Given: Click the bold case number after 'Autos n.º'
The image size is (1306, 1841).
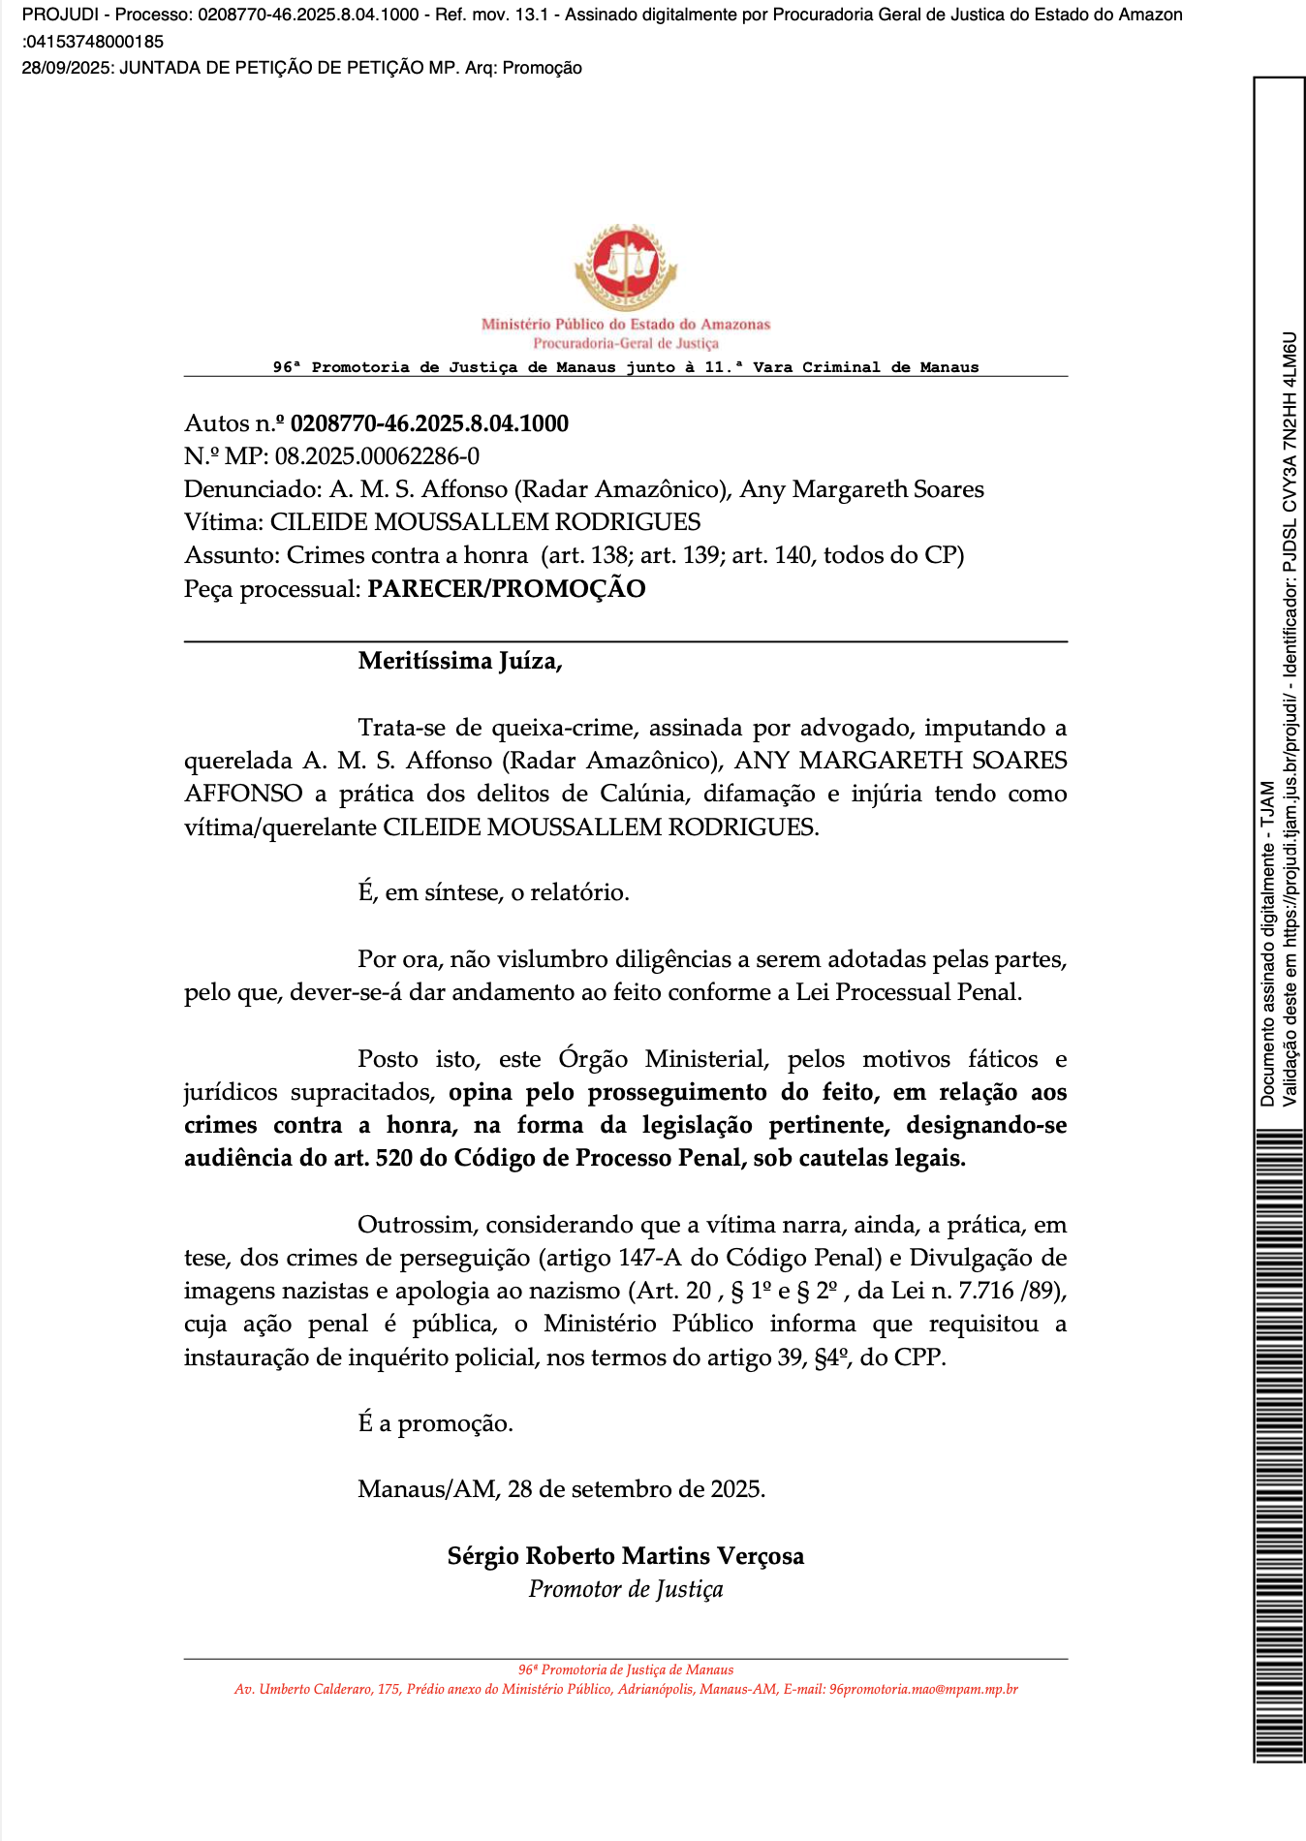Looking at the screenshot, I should click(x=429, y=423).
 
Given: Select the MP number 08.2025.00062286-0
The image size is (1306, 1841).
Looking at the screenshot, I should click(x=377, y=456).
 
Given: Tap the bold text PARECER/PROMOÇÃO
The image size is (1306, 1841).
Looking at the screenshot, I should click(x=506, y=589).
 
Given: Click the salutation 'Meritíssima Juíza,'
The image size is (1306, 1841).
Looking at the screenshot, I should click(x=460, y=661).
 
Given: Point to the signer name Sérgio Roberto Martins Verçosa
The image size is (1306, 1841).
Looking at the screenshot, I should click(x=625, y=1556).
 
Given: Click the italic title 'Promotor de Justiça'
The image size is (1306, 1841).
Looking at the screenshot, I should click(x=625, y=1589).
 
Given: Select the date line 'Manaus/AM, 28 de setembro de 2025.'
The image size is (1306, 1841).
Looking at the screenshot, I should click(x=561, y=1489).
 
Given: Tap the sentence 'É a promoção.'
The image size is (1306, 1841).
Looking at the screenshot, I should click(x=435, y=1423).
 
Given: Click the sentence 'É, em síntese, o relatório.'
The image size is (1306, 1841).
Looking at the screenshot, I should click(x=493, y=892).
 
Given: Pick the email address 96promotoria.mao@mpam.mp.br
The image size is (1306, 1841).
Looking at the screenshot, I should click(x=923, y=1689).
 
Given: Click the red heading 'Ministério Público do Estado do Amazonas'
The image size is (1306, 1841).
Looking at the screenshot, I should click(x=625, y=325).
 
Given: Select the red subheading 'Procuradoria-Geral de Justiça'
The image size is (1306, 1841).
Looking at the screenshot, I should click(x=625, y=344).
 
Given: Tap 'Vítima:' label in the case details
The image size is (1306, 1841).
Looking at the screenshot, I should click(x=223, y=522).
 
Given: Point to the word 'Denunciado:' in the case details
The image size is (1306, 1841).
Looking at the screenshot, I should click(x=253, y=489).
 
